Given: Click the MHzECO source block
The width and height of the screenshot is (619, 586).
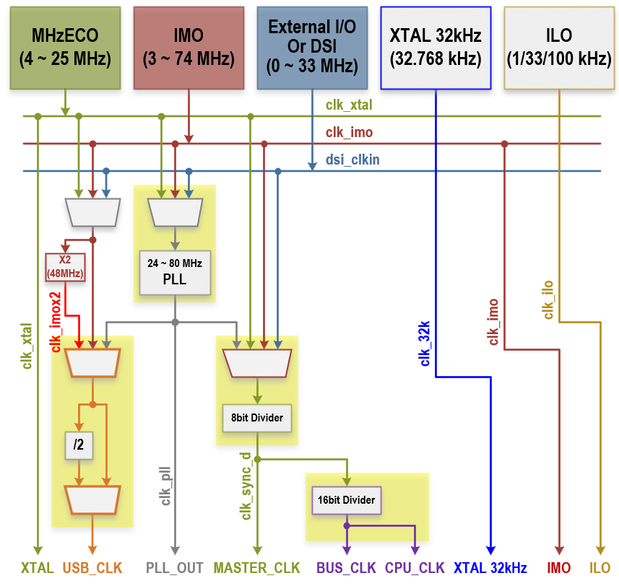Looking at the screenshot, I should (x=65, y=48).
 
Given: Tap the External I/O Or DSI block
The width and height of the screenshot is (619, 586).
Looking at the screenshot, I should (x=312, y=48).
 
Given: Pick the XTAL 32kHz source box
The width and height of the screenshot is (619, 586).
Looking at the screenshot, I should (x=436, y=48).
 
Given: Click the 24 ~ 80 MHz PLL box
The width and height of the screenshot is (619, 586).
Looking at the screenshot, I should (x=176, y=272).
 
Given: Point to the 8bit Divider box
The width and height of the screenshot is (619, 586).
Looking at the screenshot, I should (x=257, y=418).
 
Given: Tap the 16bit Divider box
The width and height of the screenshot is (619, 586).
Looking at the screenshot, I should (x=347, y=499).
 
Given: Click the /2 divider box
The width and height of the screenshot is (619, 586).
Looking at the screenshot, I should (x=79, y=445).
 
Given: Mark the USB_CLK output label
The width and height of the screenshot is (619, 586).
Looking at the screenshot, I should (x=92, y=568).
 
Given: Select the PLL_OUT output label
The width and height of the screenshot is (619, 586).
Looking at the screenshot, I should (x=175, y=568).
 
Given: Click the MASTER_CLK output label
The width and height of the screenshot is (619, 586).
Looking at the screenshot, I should (x=256, y=568).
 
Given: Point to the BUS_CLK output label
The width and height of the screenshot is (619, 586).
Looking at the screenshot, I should (x=346, y=568).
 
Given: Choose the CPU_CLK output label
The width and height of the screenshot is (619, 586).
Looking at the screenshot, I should (x=415, y=568).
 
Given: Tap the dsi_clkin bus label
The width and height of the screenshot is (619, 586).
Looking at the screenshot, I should (x=352, y=159).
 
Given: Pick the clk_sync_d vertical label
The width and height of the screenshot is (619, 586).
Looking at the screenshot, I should (x=246, y=487).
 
